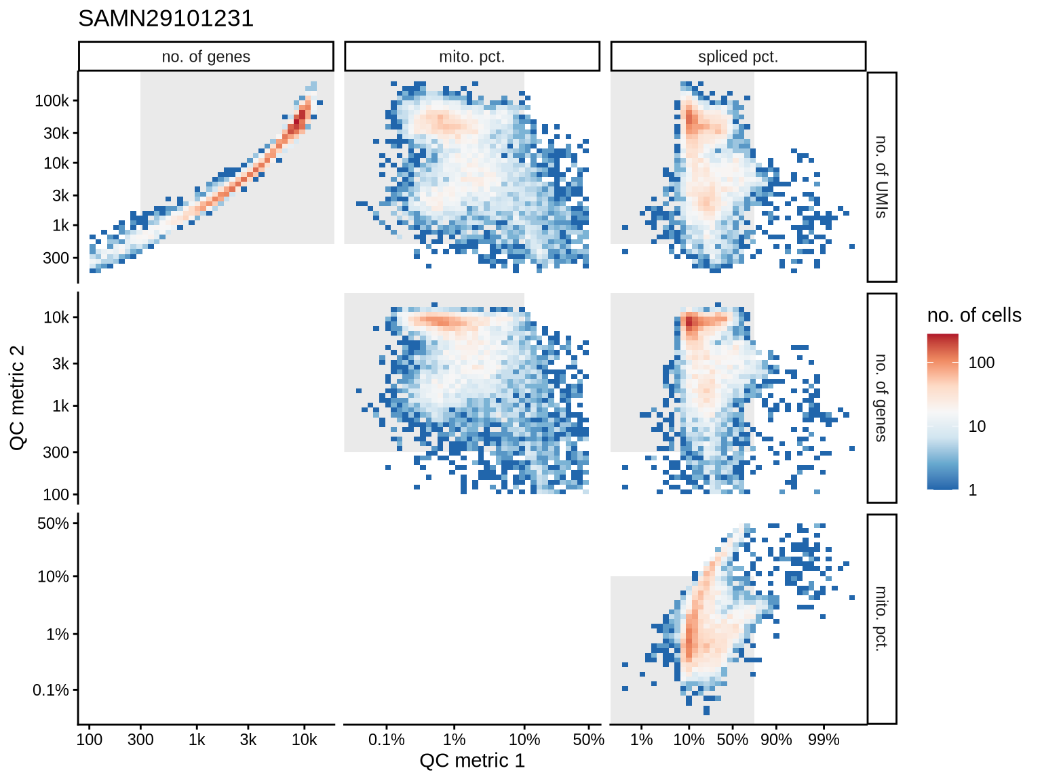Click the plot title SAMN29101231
[166, 18]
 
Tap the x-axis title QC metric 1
[472, 761]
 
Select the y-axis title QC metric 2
[18, 397]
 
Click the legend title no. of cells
[973, 315]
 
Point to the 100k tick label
[52, 101]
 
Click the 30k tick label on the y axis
[56, 134]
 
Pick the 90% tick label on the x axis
[776, 740]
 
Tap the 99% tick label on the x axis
[824, 740]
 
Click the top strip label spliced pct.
[738, 57]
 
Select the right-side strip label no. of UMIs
[881, 177]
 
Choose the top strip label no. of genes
[206, 57]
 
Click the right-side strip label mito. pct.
[881, 618]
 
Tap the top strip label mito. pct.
[472, 57]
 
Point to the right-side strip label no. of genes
[881, 398]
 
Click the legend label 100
[981, 363]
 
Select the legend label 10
[977, 426]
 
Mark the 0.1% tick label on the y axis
[51, 690]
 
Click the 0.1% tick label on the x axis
[387, 740]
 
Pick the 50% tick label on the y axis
[53, 523]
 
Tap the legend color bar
[942, 412]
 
